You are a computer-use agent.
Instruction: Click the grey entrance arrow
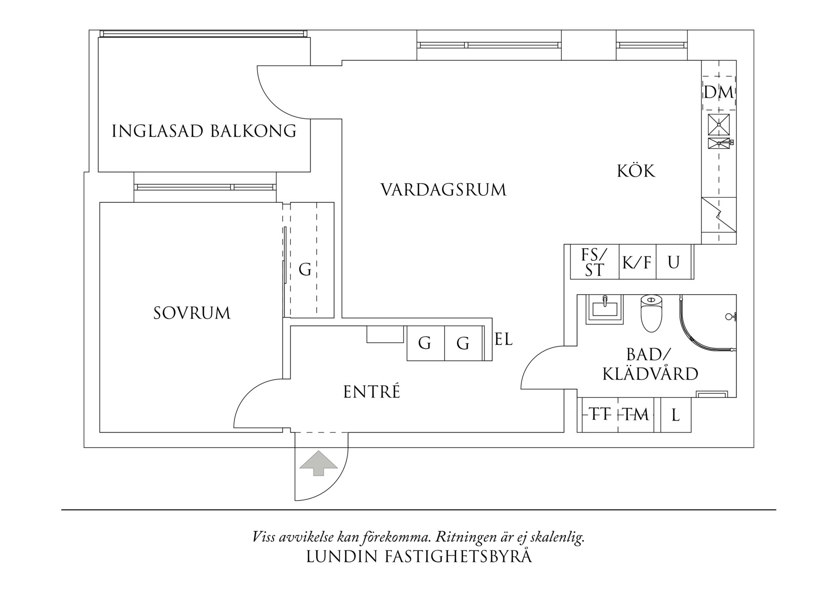tap(319, 463)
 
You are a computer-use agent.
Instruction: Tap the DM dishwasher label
tap(719, 93)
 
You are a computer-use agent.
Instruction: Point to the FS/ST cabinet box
tap(594, 262)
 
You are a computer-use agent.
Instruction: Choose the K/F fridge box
tap(637, 262)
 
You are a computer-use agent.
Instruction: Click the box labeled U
tap(674, 262)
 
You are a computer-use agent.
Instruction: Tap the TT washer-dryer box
tap(600, 415)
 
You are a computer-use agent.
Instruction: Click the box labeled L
tap(676, 415)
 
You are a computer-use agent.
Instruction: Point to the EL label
tap(504, 340)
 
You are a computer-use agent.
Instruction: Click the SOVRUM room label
tap(192, 314)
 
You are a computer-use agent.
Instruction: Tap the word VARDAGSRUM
tap(443, 190)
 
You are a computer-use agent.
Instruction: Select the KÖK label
tap(636, 171)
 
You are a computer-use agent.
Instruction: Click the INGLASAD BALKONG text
tap(204, 131)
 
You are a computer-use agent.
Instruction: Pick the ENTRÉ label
tap(371, 392)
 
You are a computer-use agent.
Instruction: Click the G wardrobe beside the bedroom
tap(305, 270)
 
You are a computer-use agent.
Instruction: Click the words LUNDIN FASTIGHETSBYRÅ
tap(419, 557)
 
